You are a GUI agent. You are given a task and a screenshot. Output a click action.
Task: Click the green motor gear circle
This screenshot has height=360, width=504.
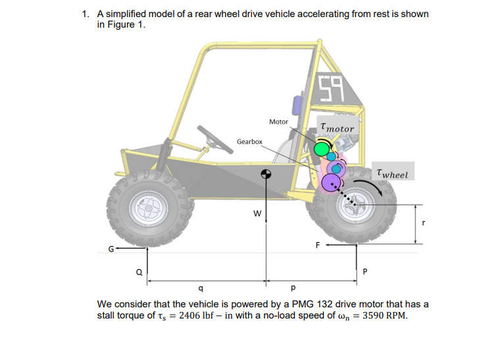pos(322,149)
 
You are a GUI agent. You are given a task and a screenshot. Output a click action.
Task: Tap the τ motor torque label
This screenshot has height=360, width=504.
pos(336,128)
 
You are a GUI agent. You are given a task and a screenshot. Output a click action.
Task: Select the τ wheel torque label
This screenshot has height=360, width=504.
pos(393,174)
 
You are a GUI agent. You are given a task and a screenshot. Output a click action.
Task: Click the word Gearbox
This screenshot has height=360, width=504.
pos(249,142)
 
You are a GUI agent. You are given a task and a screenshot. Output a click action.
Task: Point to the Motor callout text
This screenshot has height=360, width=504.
pos(278,122)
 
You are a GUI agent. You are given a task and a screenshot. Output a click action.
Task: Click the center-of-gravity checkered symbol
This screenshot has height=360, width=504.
pos(266,174)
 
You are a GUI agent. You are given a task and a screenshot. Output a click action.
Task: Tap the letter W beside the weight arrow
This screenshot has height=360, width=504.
pos(257,213)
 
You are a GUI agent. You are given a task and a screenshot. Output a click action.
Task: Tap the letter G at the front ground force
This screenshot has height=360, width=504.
pos(112,248)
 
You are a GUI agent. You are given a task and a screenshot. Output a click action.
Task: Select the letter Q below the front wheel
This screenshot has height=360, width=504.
pos(139,270)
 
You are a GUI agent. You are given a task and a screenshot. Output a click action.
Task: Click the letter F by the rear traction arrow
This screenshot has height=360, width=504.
pos(318,245)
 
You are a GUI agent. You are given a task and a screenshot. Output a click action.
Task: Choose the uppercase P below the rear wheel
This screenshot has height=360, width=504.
pos(366,270)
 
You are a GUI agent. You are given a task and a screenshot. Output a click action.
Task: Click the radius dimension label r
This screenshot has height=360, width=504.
pos(424,224)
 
